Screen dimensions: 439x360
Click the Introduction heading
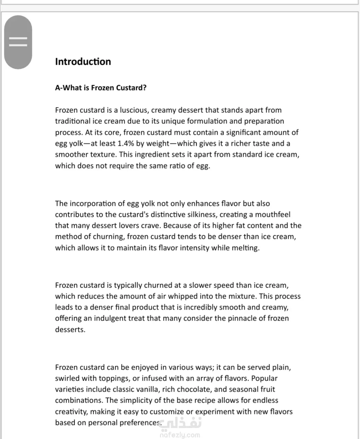tap(83, 62)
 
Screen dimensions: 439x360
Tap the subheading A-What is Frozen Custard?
tap(101, 88)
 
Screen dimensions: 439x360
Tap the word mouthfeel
tap(273, 214)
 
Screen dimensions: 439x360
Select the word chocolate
tap(194, 389)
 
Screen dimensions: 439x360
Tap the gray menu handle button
tap(18, 42)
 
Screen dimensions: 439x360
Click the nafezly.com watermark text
tap(180, 435)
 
